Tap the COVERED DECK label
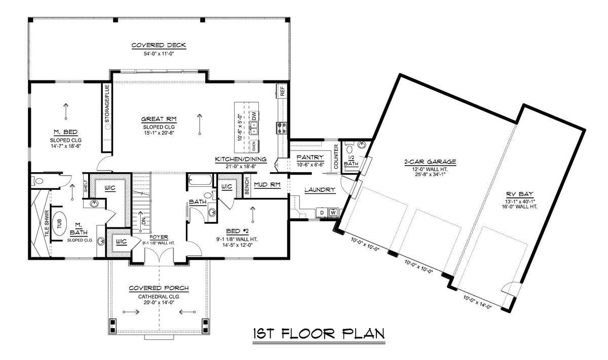159,46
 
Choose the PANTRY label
310,157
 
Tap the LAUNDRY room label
320,190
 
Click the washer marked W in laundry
333,212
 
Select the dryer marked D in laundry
322,212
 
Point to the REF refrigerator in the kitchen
282,92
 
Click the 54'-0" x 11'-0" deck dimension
159,54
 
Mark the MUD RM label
267,185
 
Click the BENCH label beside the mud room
246,186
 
